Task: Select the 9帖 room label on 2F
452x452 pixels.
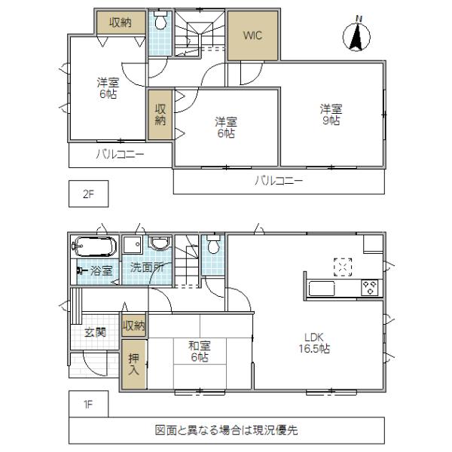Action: [x=329, y=114]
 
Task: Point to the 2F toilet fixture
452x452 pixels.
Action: [x=159, y=23]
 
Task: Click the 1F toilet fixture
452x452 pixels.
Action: [x=213, y=246]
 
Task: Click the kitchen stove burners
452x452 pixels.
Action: [x=370, y=286]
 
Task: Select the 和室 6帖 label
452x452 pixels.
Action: [x=200, y=352]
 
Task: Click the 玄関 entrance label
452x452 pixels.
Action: [x=94, y=331]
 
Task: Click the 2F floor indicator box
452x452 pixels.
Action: [x=88, y=194]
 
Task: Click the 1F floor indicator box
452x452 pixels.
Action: [x=88, y=403]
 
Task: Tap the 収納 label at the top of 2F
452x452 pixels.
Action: [x=121, y=23]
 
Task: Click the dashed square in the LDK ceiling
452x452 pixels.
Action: [x=343, y=265]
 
